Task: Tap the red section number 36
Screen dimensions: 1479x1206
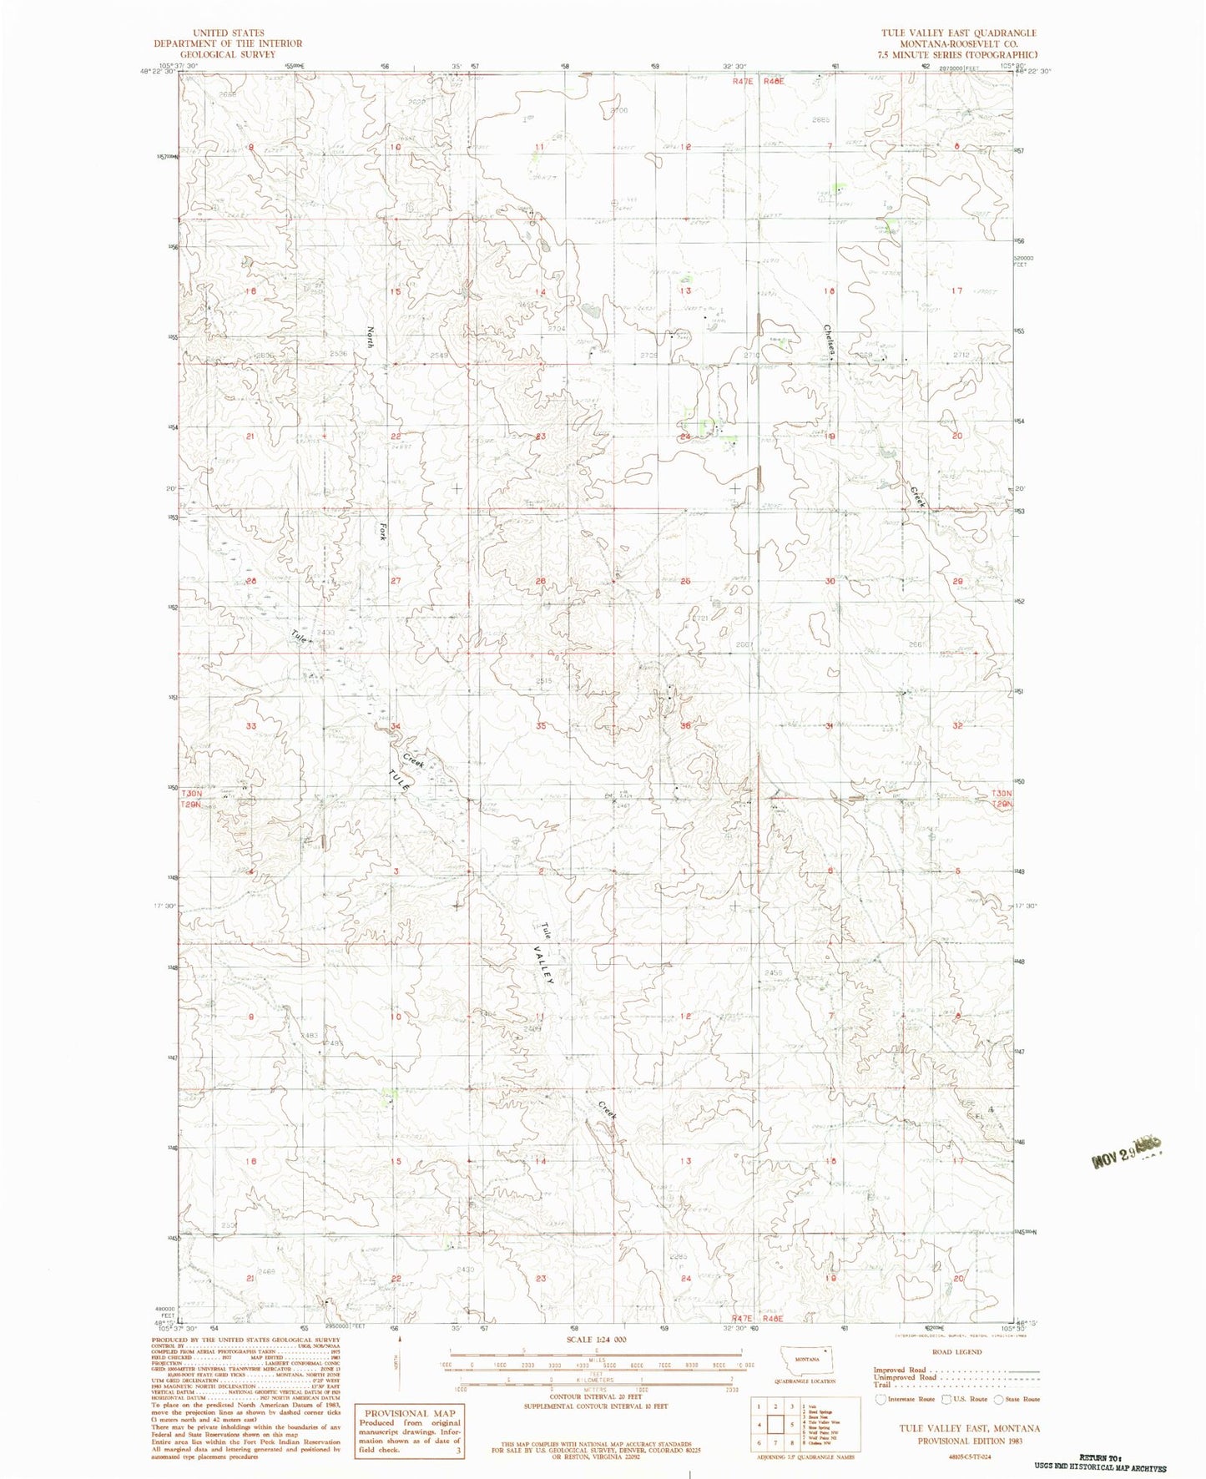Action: [685, 725]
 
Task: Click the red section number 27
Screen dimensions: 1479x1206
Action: [396, 581]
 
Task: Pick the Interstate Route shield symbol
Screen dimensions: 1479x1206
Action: [881, 1399]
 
